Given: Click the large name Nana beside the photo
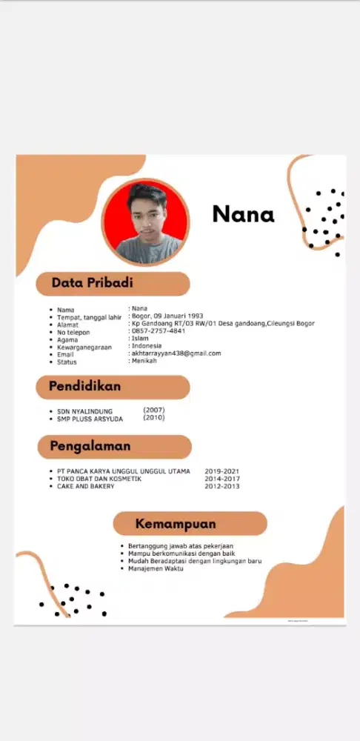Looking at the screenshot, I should coord(243,214).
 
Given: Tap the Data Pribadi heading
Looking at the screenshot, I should coord(93,283).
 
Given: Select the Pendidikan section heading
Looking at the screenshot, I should coord(84,386).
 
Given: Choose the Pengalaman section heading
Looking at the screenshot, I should coord(90,446).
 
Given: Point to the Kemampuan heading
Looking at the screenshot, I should coord(176,524).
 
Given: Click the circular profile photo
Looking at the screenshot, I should coord(145,222).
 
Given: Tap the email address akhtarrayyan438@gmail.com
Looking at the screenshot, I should coord(176,353).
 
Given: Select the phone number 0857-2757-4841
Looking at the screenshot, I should coord(158,331).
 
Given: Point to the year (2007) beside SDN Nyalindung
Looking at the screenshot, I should coord(154,410).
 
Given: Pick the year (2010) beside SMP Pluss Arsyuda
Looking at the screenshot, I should coord(154,418).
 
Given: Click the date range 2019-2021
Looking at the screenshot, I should coord(222,471).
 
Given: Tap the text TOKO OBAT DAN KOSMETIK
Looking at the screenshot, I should coord(99,479).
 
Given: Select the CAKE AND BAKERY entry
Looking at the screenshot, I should coord(87,487).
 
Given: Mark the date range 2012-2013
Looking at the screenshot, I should coord(222,487).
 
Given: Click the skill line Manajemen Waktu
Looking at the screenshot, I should coord(156,569).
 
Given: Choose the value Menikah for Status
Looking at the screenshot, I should coord(144,361).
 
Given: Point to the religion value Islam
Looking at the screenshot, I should coord(140,339).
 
